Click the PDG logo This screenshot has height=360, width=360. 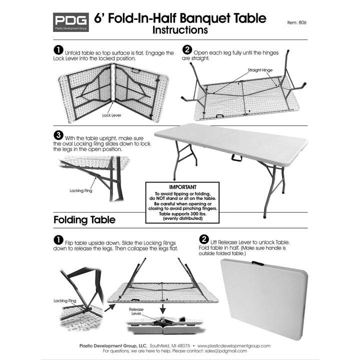tap(70, 22)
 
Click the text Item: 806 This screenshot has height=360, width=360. tap(297, 22)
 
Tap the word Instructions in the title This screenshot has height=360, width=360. tap(180, 30)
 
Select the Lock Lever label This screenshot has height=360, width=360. tap(112, 115)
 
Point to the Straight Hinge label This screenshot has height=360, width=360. tap(260, 70)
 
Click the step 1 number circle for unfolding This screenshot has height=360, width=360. tap(58, 50)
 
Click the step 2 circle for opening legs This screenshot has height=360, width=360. tap(187, 50)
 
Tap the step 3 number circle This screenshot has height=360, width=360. tap(58, 135)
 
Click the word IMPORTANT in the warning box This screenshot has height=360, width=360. tap(182, 186)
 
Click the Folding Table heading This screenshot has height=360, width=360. tap(84, 220)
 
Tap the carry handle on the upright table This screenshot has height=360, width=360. tap(236, 158)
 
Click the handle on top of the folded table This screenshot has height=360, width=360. tap(257, 262)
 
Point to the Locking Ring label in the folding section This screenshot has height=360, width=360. tap(64, 301)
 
